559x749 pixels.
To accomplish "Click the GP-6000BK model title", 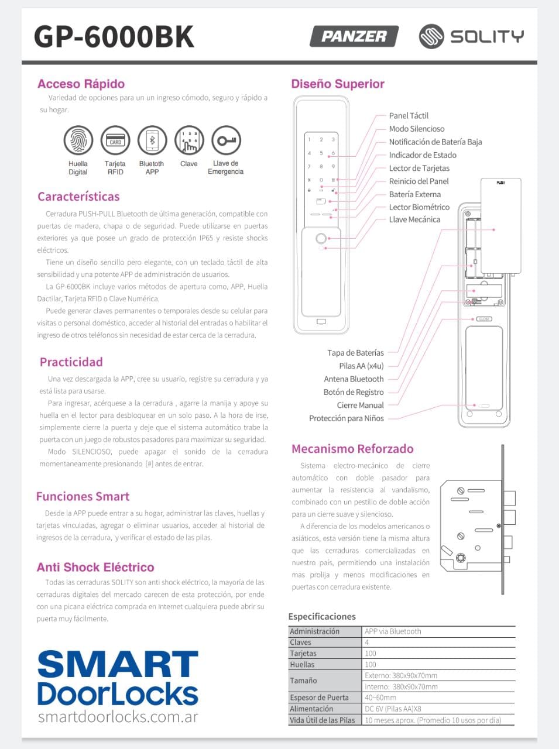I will pyautogui.click(x=114, y=36).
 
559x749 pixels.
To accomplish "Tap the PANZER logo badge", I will pyautogui.click(x=354, y=36).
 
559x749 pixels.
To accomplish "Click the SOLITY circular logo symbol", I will pyautogui.click(x=431, y=36).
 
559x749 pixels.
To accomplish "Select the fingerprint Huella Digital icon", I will pyautogui.click(x=78, y=141).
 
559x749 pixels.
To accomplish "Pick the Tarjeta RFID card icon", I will pyautogui.click(x=115, y=141).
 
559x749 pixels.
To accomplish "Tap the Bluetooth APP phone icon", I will pyautogui.click(x=152, y=141).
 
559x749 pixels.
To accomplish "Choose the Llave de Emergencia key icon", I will pyautogui.click(x=226, y=141).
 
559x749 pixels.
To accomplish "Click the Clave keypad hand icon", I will pyautogui.click(x=189, y=141).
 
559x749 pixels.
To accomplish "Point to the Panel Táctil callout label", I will pyautogui.click(x=409, y=116).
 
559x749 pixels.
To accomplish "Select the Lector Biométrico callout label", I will pyautogui.click(x=419, y=207).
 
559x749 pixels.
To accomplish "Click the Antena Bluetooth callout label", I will pyautogui.click(x=354, y=379).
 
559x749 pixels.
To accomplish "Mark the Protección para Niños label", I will pyautogui.click(x=347, y=418).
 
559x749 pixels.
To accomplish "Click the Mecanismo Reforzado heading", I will pyautogui.click(x=352, y=449).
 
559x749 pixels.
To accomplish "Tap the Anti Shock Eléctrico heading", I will pyautogui.click(x=95, y=567).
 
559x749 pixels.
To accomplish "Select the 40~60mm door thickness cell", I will pyautogui.click(x=380, y=698).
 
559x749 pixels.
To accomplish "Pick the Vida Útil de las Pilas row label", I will pyautogui.click(x=323, y=720).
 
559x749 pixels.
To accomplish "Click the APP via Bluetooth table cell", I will pyautogui.click(x=393, y=631).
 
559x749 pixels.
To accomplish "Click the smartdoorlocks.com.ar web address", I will pyautogui.click(x=118, y=716).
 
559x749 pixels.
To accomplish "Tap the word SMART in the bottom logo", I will pyautogui.click(x=118, y=665).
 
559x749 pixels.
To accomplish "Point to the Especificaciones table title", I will pyautogui.click(x=322, y=616).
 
